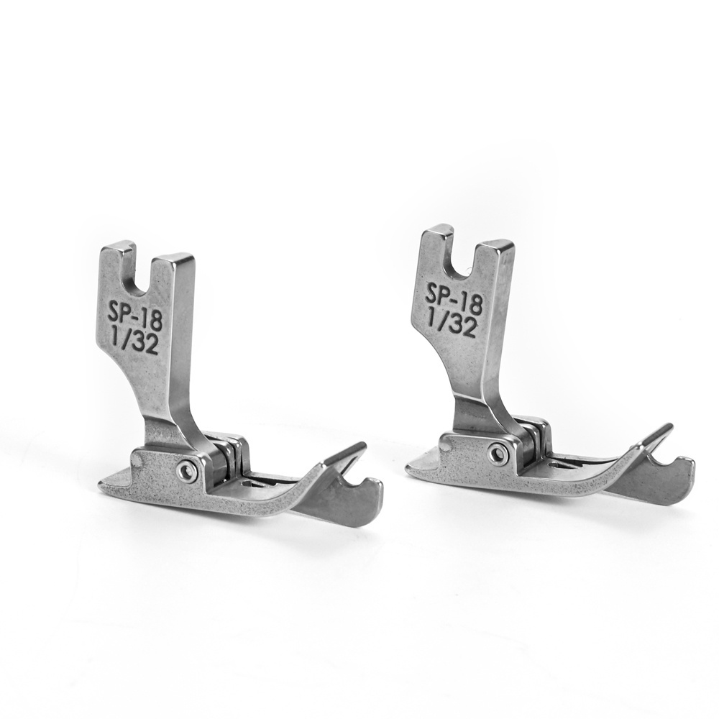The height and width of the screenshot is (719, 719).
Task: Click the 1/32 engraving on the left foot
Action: pyautogui.click(x=136, y=340)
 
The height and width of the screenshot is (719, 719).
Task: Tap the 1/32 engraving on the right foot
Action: pyautogui.click(x=452, y=322)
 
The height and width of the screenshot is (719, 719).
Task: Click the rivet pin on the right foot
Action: pyautogui.click(x=497, y=454)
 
